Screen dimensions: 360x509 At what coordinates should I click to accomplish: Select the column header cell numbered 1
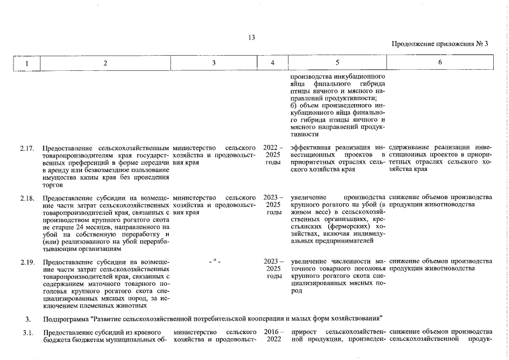tap(27, 64)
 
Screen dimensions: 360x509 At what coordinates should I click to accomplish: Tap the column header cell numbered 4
tap(272, 64)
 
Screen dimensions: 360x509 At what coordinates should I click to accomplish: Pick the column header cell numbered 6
tap(440, 64)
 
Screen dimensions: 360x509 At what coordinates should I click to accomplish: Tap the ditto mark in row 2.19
tap(215, 262)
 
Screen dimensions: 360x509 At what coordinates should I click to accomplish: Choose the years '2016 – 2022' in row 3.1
tap(273, 336)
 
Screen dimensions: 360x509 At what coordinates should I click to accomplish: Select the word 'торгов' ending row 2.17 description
tap(53, 184)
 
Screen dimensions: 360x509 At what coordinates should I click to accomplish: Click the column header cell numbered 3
tap(214, 64)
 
